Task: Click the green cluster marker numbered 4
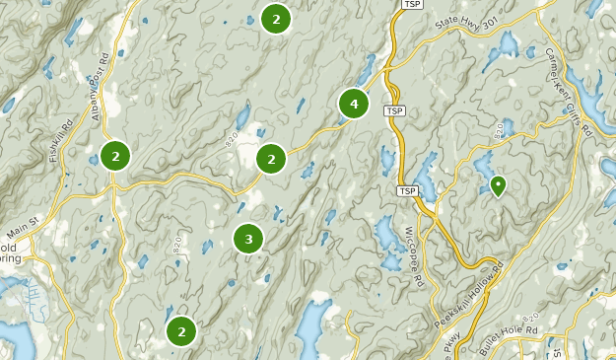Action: click(x=353, y=103)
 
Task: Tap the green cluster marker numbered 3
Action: click(x=248, y=239)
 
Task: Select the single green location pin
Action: click(x=498, y=184)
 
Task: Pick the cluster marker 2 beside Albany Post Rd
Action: click(x=115, y=155)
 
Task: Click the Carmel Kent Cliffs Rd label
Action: click(x=573, y=84)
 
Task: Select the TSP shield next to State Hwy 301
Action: click(x=413, y=5)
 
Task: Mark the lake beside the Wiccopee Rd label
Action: click(x=385, y=235)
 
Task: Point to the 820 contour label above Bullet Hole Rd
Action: click(x=532, y=318)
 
